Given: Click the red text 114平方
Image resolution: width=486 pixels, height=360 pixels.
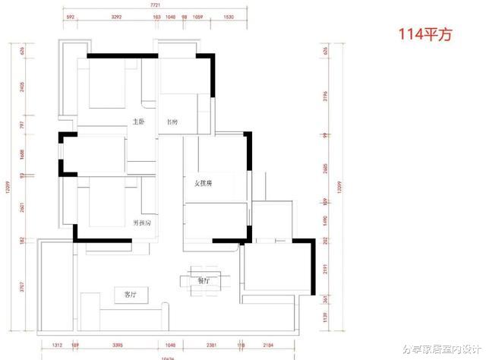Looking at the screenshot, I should (x=425, y=35).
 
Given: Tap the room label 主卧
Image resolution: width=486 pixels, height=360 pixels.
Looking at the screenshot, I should (x=138, y=122).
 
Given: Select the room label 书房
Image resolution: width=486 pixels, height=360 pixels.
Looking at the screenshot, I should (x=172, y=122).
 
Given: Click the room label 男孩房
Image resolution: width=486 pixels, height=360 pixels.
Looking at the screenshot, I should (x=142, y=223).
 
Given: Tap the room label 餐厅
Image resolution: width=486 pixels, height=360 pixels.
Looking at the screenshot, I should (x=203, y=280).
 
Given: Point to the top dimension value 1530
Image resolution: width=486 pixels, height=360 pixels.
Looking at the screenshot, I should (x=229, y=15).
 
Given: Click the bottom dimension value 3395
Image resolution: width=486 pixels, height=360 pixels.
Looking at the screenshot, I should (x=118, y=344).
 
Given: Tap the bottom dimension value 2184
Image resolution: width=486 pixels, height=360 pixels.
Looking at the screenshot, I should (x=268, y=344).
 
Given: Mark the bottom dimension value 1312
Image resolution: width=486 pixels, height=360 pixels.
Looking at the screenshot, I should (x=56, y=344).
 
